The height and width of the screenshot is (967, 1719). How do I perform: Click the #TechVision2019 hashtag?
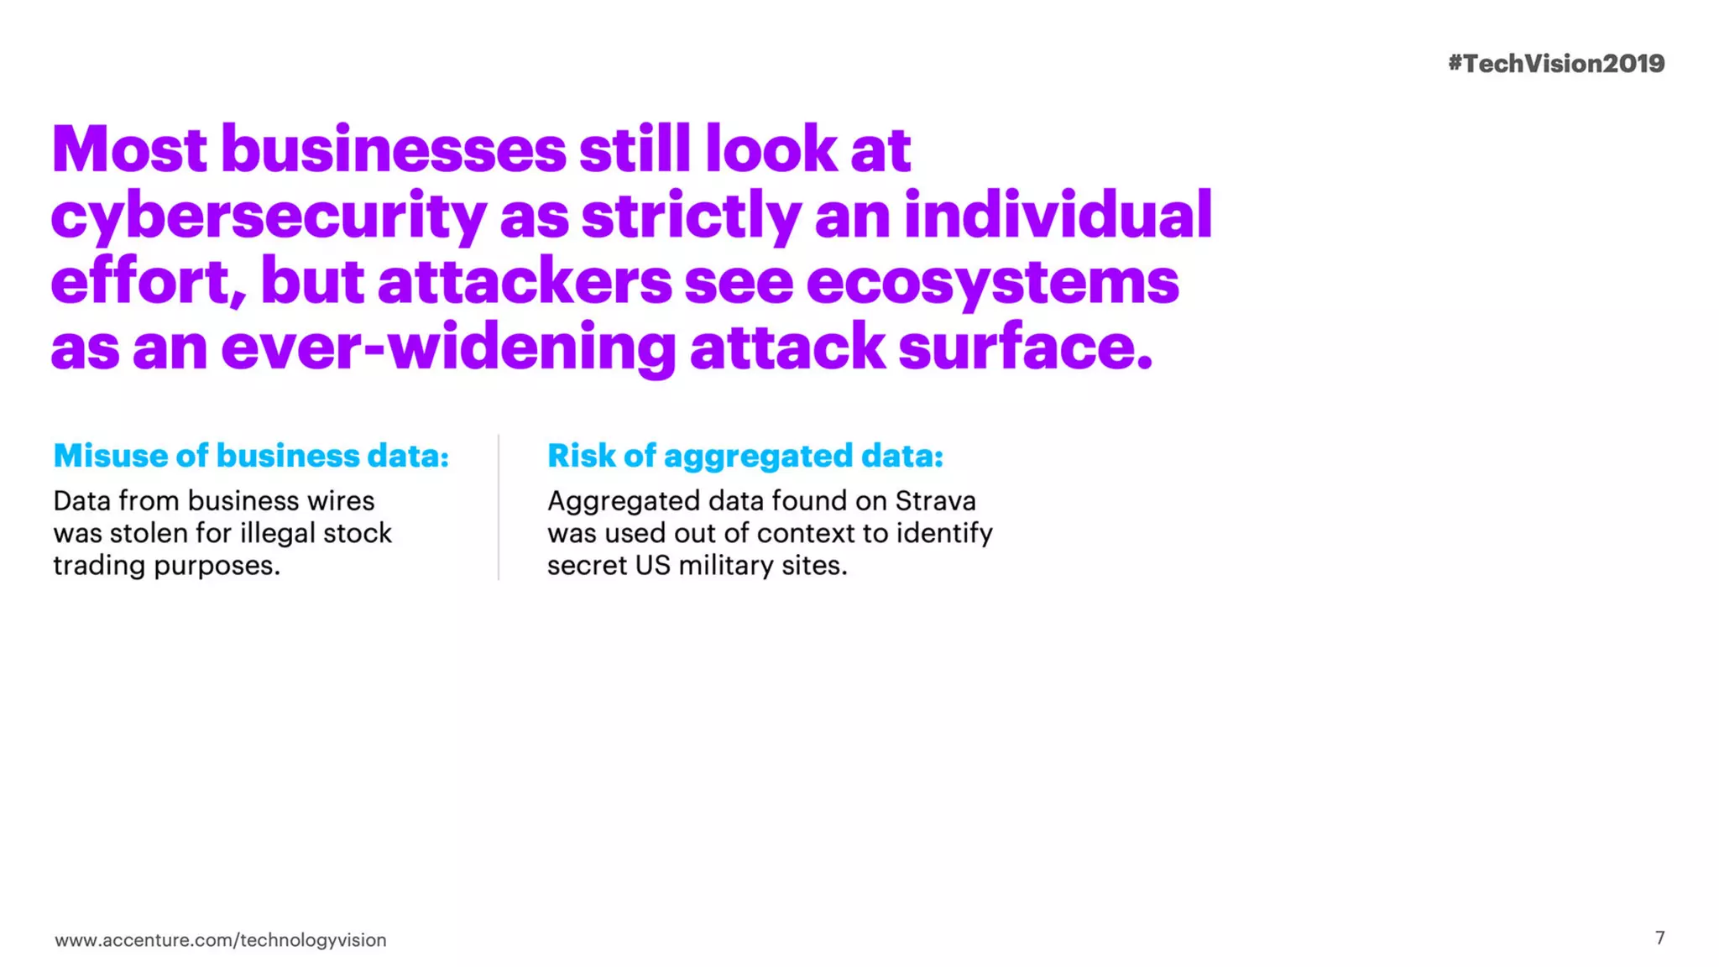(x=1555, y=64)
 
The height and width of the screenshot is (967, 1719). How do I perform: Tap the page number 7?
(x=1659, y=938)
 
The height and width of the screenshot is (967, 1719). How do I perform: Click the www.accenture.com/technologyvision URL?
(x=221, y=940)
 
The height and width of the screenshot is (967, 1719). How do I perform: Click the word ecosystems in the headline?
(x=992, y=282)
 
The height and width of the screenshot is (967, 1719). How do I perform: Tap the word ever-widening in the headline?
(x=448, y=348)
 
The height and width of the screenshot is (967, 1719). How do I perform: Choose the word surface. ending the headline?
(x=1026, y=348)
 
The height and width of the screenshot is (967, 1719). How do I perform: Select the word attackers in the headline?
(x=525, y=282)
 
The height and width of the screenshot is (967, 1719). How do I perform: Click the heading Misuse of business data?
(x=251, y=456)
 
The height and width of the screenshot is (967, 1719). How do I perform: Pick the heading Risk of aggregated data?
(x=745, y=456)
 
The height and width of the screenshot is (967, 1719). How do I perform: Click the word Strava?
(x=935, y=501)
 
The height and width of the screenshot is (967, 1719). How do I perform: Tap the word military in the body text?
(x=726, y=566)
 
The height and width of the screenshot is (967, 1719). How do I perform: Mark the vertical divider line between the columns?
(x=499, y=507)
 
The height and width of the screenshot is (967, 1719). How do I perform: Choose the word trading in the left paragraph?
(x=100, y=566)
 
